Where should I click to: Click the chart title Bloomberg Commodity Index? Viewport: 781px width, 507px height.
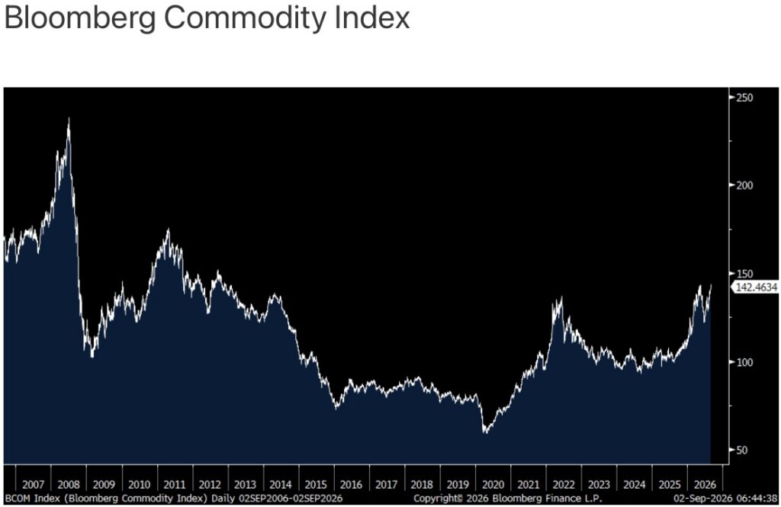(207, 18)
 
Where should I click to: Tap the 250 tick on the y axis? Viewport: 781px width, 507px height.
(744, 98)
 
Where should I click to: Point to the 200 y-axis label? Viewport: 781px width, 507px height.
(744, 185)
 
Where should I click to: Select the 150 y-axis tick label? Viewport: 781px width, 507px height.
(744, 274)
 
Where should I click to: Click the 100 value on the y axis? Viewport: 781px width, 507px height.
(744, 362)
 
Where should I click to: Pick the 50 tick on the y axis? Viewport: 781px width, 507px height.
(741, 450)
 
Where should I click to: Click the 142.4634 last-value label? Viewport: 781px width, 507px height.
(756, 287)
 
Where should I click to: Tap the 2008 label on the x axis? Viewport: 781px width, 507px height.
(69, 485)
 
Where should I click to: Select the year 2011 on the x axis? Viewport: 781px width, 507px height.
(175, 485)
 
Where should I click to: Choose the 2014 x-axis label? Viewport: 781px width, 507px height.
(281, 485)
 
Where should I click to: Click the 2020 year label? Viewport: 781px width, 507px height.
(493, 485)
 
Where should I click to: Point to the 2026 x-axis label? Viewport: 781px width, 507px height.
(705, 485)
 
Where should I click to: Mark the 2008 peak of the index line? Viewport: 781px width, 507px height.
(69, 118)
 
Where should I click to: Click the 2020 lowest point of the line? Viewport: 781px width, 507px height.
(484, 432)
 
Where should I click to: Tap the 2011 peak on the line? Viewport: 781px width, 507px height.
(168, 229)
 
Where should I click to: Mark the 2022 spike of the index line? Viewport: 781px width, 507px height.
(562, 297)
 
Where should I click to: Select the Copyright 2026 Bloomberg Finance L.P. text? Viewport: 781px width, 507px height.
(507, 498)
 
